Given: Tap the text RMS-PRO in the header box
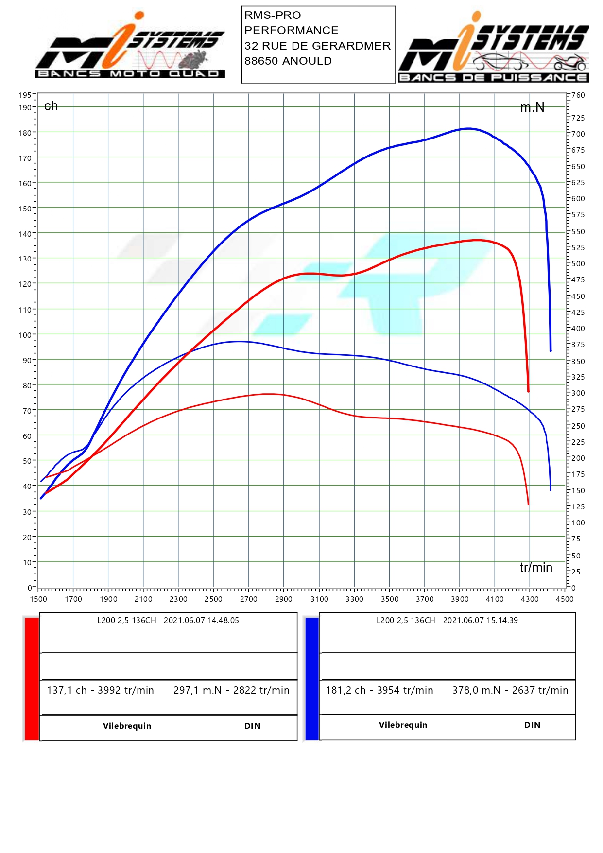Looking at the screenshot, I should [x=273, y=16].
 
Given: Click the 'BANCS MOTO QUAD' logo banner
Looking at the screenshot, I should [x=130, y=74].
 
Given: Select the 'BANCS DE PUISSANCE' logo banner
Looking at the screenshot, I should [x=493, y=78].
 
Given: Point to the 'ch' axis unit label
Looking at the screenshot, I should [x=51, y=106].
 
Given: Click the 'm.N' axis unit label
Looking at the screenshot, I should [x=532, y=107].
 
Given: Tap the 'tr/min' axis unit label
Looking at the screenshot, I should [x=536, y=568].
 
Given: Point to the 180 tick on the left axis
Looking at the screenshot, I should [x=25, y=133].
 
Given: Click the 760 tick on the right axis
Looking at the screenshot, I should [x=578, y=95].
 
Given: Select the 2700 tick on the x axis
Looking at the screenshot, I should [x=248, y=599].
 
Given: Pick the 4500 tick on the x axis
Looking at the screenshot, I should [x=565, y=599].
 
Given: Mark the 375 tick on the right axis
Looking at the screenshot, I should [x=578, y=345].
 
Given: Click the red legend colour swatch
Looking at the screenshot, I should [x=32, y=679].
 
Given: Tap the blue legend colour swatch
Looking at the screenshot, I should [x=312, y=679].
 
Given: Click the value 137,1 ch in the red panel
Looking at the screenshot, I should [x=67, y=690].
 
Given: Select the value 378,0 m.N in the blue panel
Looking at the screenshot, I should [x=476, y=690].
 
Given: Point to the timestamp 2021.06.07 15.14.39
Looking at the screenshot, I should [x=480, y=621].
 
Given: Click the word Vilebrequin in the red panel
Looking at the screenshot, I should [x=127, y=726].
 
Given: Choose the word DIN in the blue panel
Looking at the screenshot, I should [x=532, y=725].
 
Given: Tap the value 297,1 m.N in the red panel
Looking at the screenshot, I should [x=197, y=690].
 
